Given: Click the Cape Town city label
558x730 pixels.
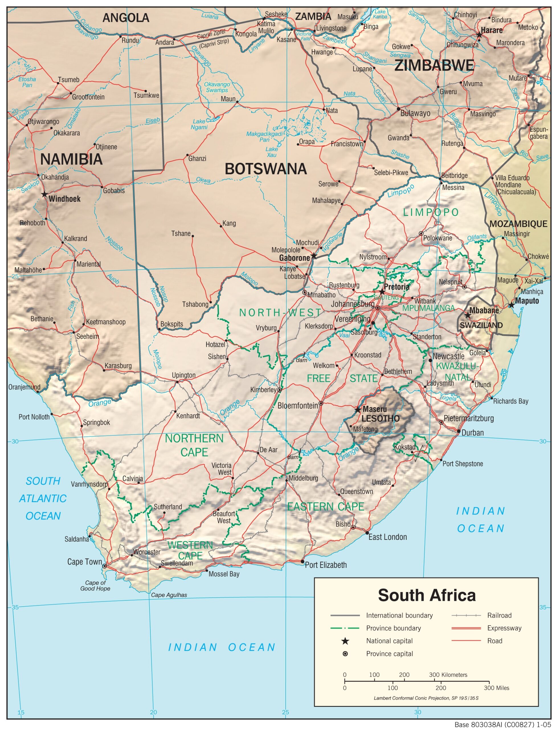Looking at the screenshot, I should (84, 561).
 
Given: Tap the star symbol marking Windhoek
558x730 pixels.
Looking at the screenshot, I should (44, 194).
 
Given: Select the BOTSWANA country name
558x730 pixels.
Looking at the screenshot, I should (266, 169).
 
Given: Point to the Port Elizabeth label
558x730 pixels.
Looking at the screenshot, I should (326, 565).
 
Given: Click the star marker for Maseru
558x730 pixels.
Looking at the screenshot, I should (357, 410).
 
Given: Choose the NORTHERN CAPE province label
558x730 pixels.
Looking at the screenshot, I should (194, 445).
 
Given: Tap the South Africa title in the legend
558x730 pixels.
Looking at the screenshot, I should (426, 595).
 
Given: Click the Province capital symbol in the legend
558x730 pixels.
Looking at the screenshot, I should (345, 654).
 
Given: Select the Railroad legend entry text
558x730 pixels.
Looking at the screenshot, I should (499, 615).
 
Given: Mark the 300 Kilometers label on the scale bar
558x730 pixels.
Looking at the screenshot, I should (448, 675).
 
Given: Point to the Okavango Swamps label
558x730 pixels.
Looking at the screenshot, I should (217, 87).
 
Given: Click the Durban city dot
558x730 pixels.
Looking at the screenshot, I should (458, 431).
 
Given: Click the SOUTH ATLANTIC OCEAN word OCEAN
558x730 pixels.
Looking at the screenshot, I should (43, 516).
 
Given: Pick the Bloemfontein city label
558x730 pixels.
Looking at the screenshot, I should (298, 405).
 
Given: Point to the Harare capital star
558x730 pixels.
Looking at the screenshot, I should (479, 35).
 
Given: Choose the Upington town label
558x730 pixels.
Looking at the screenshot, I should (183, 375).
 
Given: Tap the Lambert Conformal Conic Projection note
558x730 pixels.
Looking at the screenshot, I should (426, 698).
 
